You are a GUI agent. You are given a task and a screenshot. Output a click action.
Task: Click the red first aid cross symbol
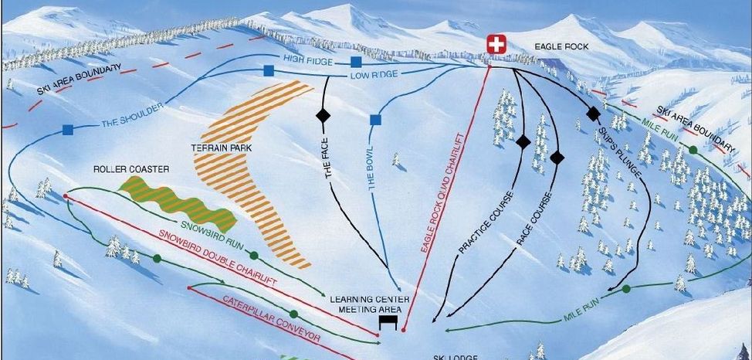(x=496, y=45)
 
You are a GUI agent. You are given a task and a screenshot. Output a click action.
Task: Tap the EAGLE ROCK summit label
(x=561, y=47)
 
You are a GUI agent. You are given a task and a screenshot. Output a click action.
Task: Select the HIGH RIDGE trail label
(x=309, y=59)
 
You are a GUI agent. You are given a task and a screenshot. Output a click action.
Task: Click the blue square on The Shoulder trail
(x=67, y=130)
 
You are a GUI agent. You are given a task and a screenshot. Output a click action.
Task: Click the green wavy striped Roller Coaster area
(x=178, y=202)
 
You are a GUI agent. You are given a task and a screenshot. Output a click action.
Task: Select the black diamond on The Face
(x=323, y=116)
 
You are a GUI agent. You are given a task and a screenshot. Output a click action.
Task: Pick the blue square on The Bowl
(x=376, y=120)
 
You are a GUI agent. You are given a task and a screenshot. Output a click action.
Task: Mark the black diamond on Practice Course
(x=523, y=142)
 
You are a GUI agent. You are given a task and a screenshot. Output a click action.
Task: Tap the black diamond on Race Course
(x=557, y=158)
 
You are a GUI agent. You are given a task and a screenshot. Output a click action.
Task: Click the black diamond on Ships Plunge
(x=593, y=114)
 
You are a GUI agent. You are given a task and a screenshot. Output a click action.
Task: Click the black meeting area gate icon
(x=388, y=321)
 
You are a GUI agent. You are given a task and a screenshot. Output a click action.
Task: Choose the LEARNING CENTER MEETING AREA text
(x=368, y=304)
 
